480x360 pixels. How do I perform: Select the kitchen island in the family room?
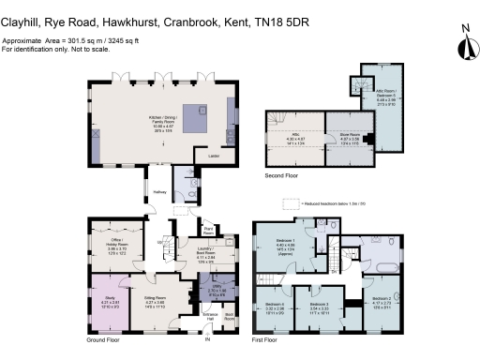pos(201,116)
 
